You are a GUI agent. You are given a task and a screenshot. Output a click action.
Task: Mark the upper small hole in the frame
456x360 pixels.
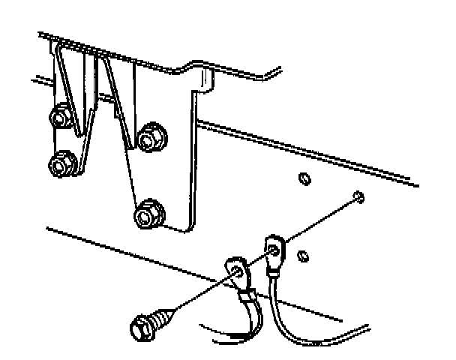pos(304,179)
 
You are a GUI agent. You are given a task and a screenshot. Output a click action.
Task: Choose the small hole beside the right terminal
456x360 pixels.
pos(301,256)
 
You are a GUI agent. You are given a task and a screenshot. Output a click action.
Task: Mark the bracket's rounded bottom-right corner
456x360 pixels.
pos(186,227)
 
